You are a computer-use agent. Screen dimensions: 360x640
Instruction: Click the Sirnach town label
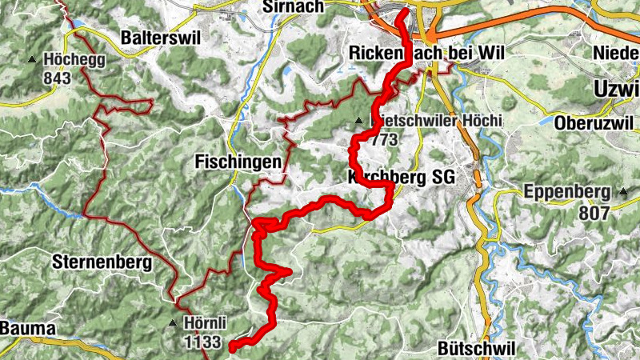tap(293, 6)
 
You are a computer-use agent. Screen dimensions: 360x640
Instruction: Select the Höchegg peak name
tap(75, 59)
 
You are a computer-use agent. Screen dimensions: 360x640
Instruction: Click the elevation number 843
tap(58, 78)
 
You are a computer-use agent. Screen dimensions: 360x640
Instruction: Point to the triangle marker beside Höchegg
tap(32, 59)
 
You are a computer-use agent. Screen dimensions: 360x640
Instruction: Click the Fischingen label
tap(238, 162)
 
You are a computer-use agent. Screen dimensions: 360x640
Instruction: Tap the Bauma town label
tap(27, 328)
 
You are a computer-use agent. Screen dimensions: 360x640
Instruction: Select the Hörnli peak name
tap(206, 323)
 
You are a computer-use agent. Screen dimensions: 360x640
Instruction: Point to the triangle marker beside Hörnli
tap(173, 324)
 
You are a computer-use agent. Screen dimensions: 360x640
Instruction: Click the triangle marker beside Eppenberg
tap(622, 192)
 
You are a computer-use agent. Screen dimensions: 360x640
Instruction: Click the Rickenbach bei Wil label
tap(430, 53)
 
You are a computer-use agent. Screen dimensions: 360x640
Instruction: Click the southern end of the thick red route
tap(232, 347)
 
